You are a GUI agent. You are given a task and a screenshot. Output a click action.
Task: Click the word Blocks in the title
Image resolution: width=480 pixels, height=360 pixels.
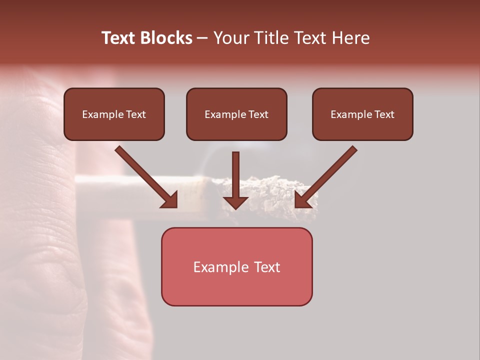click(165, 38)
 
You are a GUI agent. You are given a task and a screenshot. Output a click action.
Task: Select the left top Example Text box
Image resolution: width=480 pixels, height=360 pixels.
click(114, 114)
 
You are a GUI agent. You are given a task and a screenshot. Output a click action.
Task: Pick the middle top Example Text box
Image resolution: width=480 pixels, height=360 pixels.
click(236, 114)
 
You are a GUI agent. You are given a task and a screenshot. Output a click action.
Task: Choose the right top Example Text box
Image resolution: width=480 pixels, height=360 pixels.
click(362, 114)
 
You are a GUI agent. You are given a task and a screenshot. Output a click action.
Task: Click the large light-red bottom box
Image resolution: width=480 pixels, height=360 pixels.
click(236, 266)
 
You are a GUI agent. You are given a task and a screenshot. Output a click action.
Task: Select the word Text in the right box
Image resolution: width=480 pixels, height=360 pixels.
click(384, 114)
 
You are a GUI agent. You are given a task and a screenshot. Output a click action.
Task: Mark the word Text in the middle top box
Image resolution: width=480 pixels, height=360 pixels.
click(258, 114)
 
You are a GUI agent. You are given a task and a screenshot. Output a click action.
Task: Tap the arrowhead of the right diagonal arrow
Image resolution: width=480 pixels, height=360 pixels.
click(303, 199)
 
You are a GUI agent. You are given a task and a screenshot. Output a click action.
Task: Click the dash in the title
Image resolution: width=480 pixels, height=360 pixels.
click(202, 38)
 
